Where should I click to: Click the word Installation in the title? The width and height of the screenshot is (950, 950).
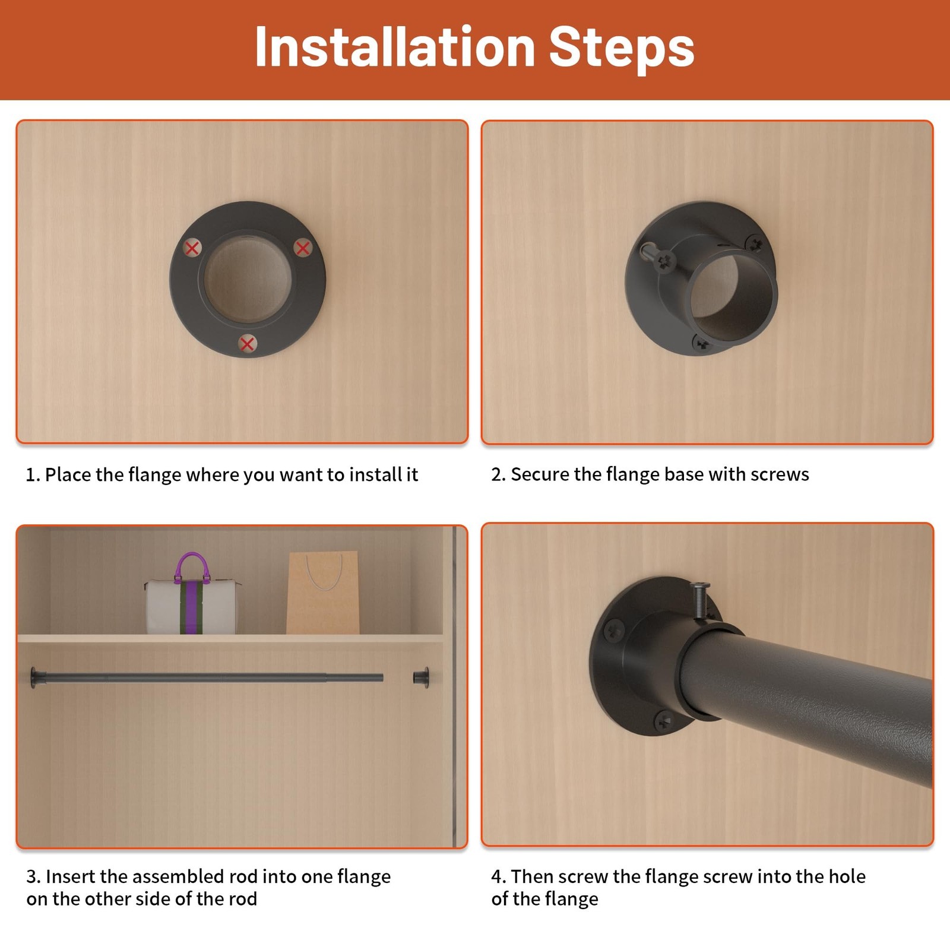point(395,47)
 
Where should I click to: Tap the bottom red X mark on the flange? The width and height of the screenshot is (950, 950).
point(248,343)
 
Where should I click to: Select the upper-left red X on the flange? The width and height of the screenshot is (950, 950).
point(192,248)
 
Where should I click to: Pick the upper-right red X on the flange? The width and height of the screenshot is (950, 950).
point(303,247)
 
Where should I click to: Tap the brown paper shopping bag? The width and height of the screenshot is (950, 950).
point(323,593)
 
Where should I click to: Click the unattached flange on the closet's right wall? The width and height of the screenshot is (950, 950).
point(421,677)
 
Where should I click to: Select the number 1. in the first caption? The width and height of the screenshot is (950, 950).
point(33,475)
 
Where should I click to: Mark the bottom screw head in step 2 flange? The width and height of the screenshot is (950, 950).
point(701,343)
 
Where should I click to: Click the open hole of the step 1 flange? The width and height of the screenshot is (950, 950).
point(248,278)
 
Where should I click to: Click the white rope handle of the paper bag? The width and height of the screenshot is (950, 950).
point(324,572)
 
